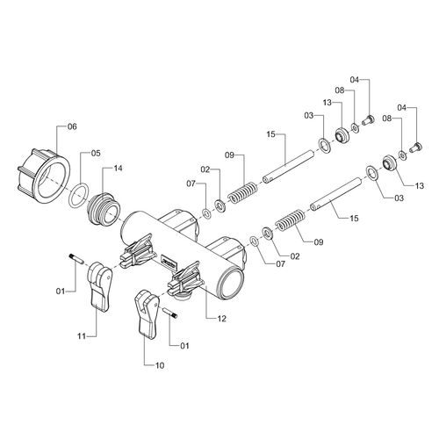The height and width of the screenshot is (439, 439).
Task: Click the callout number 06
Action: pyautogui.click(x=72, y=126)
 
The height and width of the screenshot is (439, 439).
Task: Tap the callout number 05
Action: pyautogui.click(x=96, y=154)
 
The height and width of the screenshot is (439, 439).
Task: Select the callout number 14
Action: pyautogui.click(x=118, y=169)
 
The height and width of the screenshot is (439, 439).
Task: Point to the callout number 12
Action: pyautogui.click(x=222, y=319)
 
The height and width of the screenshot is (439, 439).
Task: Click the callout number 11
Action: pyautogui.click(x=82, y=336)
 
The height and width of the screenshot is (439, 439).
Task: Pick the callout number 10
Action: pyautogui.click(x=160, y=365)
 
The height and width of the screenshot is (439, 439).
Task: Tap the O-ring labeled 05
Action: pyautogui.click(x=78, y=195)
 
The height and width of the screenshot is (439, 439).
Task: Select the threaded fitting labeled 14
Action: pyautogui.click(x=104, y=209)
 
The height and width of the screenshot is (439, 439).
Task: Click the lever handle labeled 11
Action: pyautogui.click(x=99, y=285)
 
